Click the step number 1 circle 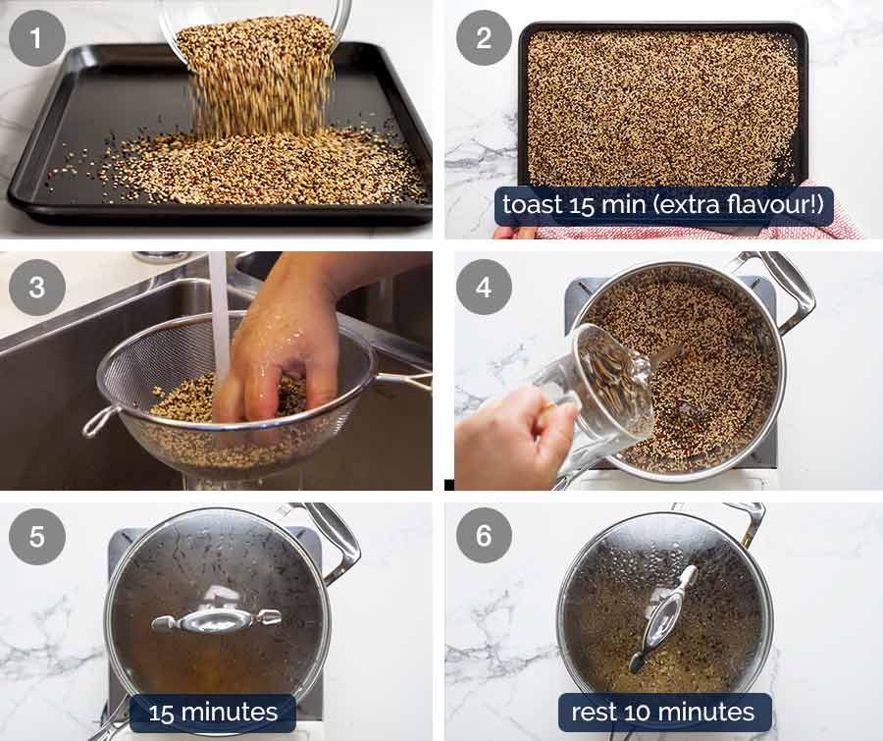36,38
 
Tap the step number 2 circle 484,38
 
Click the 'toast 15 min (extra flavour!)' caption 663,206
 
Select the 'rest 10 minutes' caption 663,713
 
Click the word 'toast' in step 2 531,206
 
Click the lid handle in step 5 216,619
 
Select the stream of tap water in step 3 219,304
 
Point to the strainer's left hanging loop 98,421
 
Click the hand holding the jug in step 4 510,432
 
